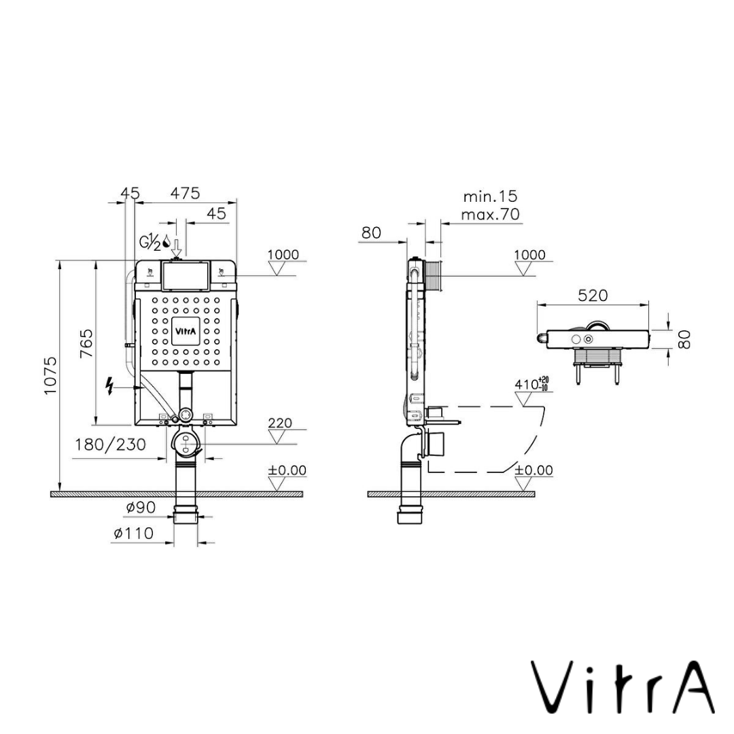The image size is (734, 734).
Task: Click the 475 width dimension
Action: pyautogui.click(x=185, y=193)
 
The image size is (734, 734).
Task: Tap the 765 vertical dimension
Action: pyautogui.click(x=87, y=345)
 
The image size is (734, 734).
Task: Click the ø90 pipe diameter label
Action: pyautogui.click(x=141, y=507)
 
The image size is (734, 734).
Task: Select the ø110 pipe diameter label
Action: pyautogui.click(x=133, y=534)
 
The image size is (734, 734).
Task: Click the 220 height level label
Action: pyautogui.click(x=280, y=423)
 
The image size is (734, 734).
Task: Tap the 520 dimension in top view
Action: pyautogui.click(x=593, y=296)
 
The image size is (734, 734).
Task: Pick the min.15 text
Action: pyautogui.click(x=490, y=196)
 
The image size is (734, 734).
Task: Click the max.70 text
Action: pyautogui.click(x=490, y=215)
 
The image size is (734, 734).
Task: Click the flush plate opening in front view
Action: pyautogui.click(x=185, y=275)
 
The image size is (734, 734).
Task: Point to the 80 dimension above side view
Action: pyautogui.click(x=371, y=232)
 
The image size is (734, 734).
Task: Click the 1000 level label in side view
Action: pyautogui.click(x=529, y=255)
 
